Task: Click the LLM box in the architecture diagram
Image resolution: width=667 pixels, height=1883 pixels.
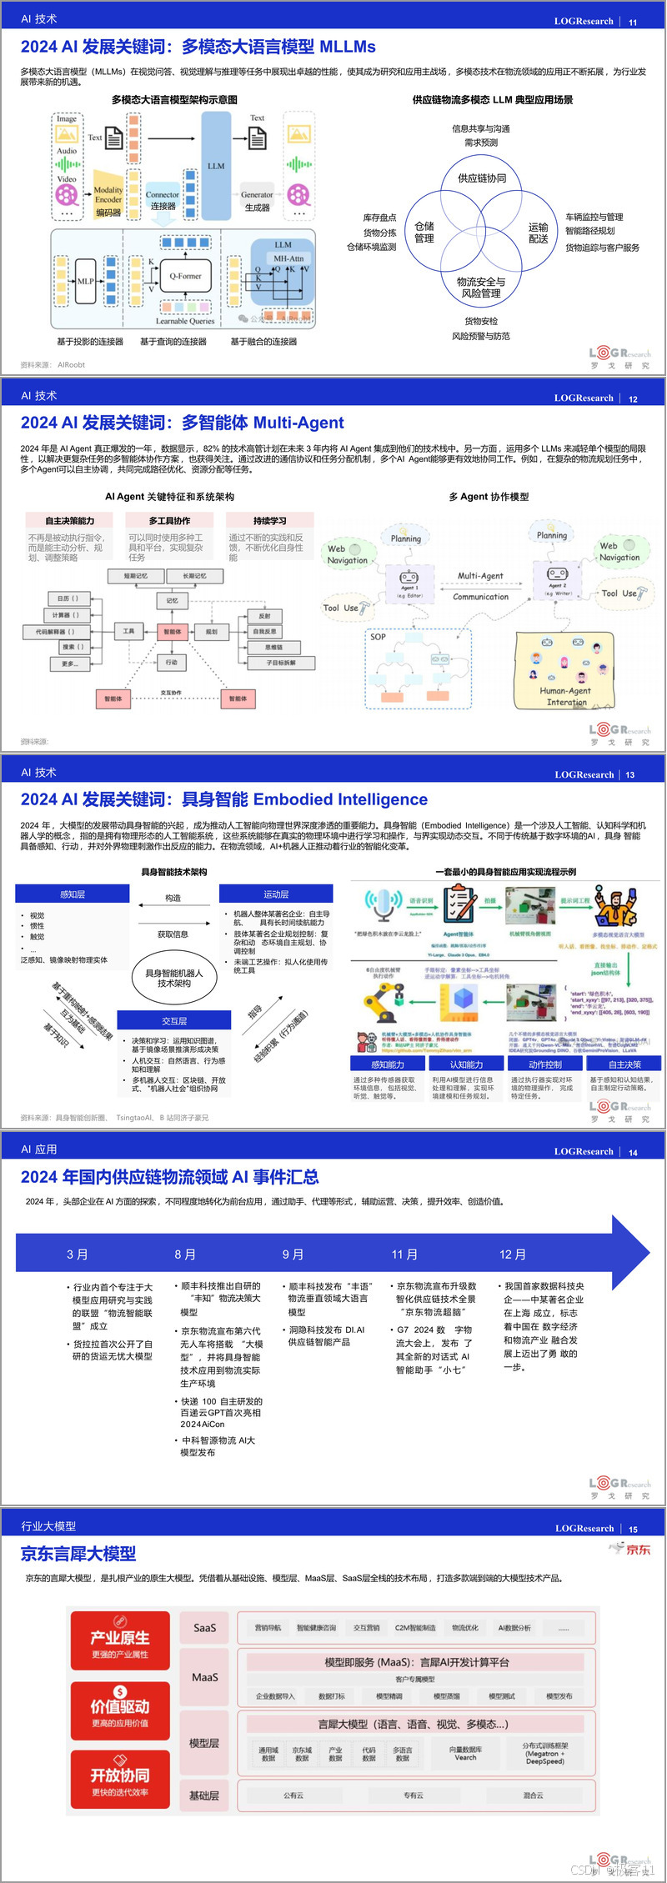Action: click(216, 165)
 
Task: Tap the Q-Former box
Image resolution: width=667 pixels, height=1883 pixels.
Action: click(185, 276)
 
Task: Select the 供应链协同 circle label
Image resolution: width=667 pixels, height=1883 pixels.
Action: click(482, 178)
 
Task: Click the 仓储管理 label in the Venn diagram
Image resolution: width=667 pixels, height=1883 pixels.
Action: click(424, 232)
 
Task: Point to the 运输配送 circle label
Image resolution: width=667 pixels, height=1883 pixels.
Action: click(539, 233)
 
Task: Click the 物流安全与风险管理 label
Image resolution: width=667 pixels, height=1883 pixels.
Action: click(481, 288)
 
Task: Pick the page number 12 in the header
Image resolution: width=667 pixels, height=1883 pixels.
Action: click(633, 399)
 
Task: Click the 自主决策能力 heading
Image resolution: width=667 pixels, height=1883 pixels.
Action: click(70, 520)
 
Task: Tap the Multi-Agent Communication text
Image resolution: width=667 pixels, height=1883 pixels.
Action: click(480, 586)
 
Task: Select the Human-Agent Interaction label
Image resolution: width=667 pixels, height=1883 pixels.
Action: click(565, 696)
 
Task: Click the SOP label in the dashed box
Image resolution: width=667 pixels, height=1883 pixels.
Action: click(379, 636)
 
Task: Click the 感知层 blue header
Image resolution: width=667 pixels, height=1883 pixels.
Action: click(73, 894)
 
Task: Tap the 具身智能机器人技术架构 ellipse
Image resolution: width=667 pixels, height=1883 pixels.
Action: click(174, 978)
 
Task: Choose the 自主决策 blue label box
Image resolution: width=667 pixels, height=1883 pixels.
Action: click(624, 1064)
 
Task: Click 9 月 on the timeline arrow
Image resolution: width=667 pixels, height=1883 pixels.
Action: click(293, 1254)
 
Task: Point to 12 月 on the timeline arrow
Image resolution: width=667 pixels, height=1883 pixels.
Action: click(513, 1254)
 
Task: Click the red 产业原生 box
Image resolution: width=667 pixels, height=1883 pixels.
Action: click(120, 1640)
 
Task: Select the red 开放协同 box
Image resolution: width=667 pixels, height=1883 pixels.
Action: click(120, 1779)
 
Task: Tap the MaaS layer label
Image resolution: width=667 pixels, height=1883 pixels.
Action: click(204, 1677)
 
